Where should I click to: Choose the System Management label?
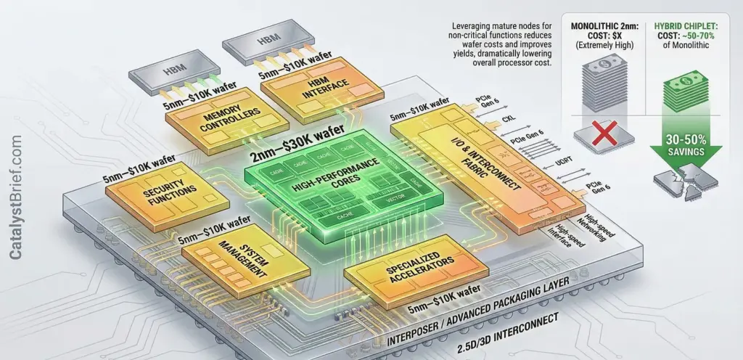tap(231, 260)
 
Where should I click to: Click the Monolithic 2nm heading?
tap(600, 28)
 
